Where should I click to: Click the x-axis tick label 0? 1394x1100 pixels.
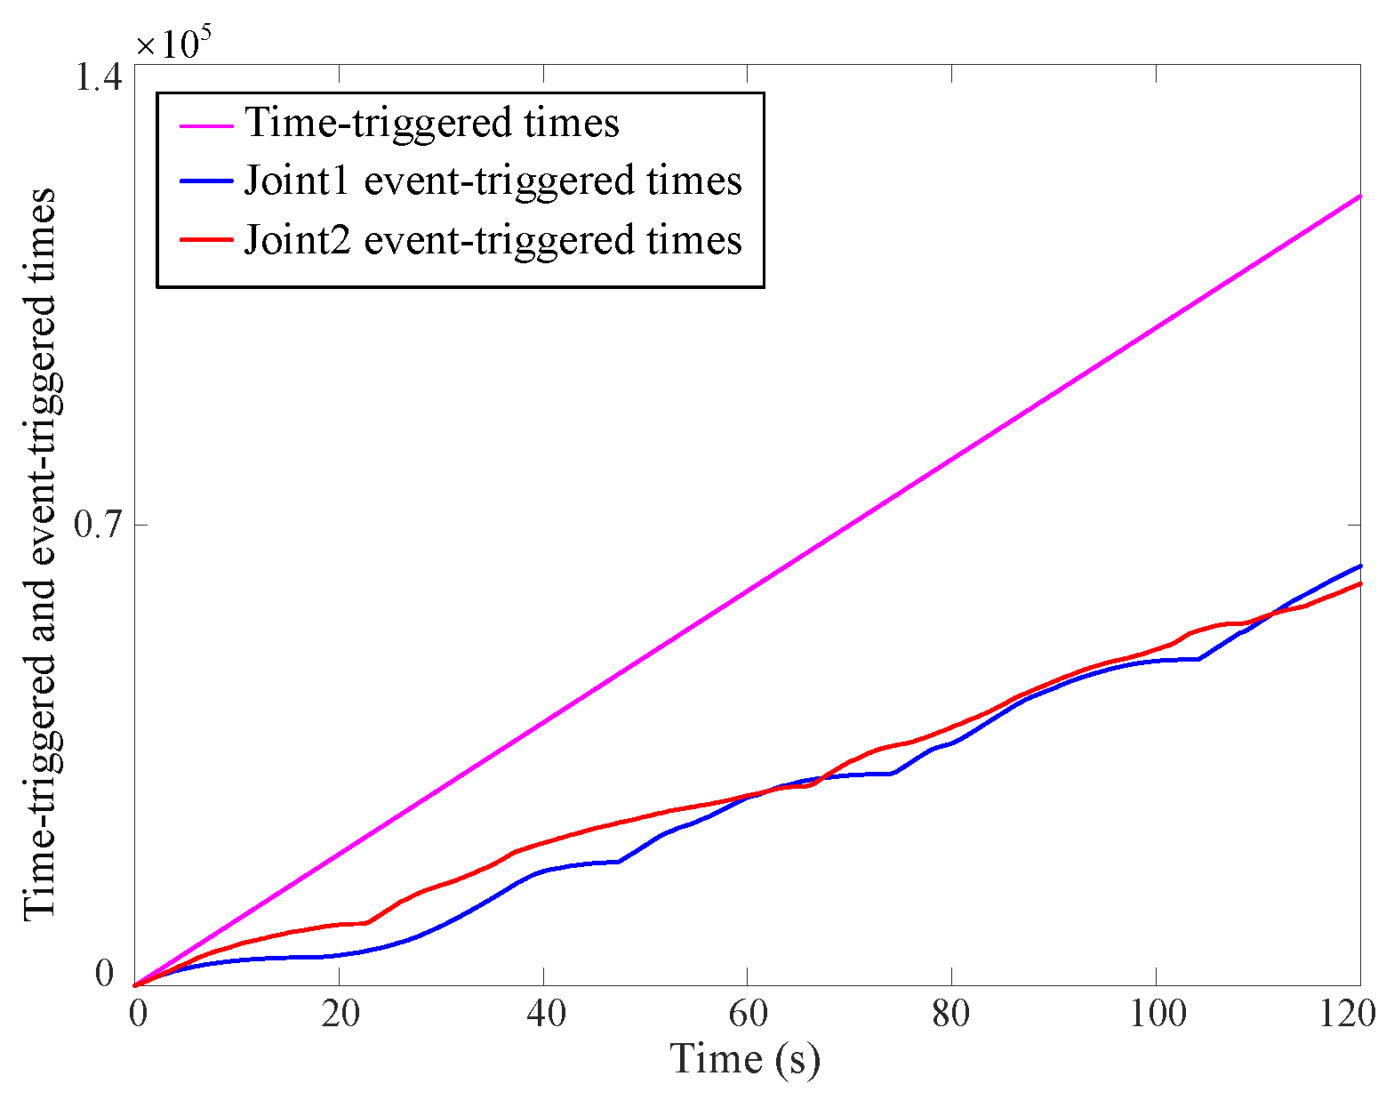click(137, 1014)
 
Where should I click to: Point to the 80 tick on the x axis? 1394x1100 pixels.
click(951, 1014)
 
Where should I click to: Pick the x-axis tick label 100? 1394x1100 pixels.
click(1156, 1014)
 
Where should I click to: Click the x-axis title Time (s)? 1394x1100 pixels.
click(745, 1058)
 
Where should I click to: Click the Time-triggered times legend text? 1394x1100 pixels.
click(432, 122)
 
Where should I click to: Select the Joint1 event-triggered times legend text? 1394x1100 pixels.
click(493, 181)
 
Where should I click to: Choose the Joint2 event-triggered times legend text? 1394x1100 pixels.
click(493, 239)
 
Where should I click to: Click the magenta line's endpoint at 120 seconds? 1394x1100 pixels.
click(1360, 196)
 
